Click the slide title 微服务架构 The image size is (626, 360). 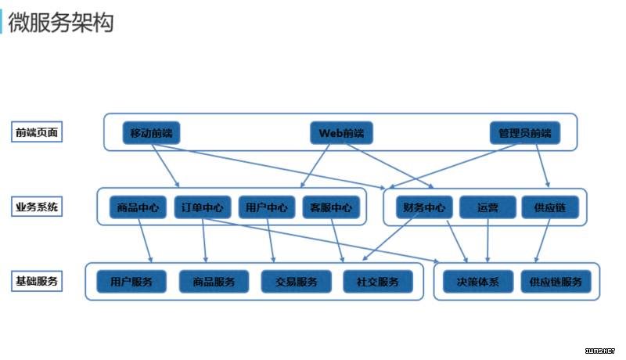coord(61,22)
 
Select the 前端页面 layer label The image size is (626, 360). coord(37,132)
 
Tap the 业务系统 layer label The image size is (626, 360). coord(37,207)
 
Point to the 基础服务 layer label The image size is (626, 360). coord(37,281)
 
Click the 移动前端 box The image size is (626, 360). coord(151,133)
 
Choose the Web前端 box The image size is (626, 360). coord(341,133)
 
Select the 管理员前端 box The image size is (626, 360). coord(525,133)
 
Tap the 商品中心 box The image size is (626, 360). coord(138,207)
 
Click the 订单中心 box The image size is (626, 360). coord(203,207)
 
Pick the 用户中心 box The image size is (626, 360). coord(267,207)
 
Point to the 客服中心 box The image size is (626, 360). coord(331,207)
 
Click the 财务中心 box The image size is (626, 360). coord(424,207)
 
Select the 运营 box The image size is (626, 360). coord(487,207)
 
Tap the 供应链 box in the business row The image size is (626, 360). coord(550,207)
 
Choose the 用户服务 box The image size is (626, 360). coord(131,282)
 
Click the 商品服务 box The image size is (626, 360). coord(214,282)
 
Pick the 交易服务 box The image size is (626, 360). coord(297,282)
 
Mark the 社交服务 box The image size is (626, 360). coord(378,282)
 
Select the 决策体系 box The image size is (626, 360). coord(478,282)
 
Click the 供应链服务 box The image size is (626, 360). coord(556,282)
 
